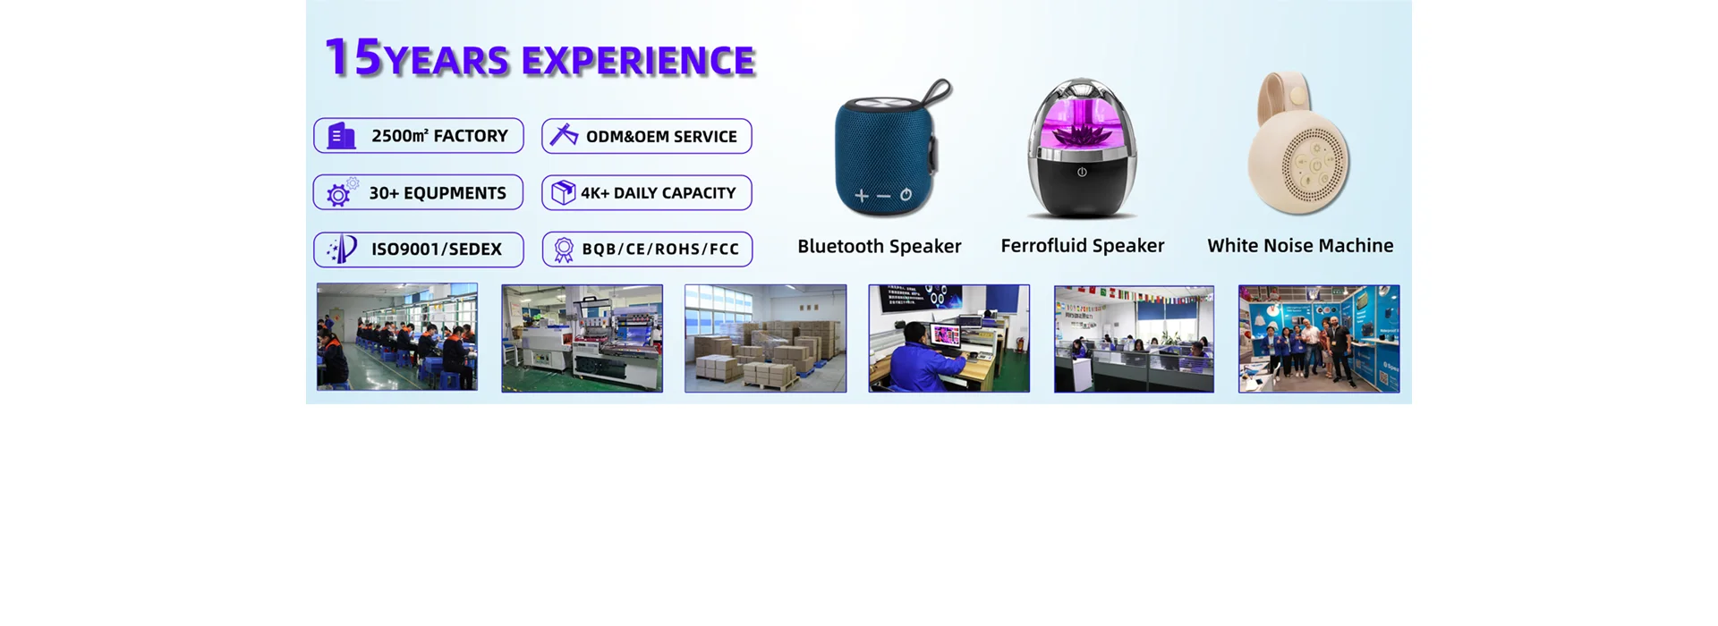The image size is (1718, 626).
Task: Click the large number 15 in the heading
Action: pyautogui.click(x=353, y=57)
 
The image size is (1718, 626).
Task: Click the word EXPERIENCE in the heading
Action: pyautogui.click(x=638, y=61)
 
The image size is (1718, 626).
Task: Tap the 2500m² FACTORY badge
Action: pyautogui.click(x=419, y=136)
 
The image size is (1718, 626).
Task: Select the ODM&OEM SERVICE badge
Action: pyautogui.click(x=647, y=136)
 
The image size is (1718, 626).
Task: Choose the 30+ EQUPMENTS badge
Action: pyautogui.click(x=418, y=192)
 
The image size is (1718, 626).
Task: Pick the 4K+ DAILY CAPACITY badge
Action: pyautogui.click(x=647, y=192)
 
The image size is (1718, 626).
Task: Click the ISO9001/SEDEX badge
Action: pyautogui.click(x=419, y=250)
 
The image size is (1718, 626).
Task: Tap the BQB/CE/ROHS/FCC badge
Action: pyautogui.click(x=647, y=250)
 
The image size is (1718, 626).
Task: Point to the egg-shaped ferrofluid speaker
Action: pyautogui.click(x=1082, y=148)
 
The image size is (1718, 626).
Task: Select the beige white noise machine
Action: pyautogui.click(x=1298, y=143)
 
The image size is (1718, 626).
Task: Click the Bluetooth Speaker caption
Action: pyautogui.click(x=880, y=246)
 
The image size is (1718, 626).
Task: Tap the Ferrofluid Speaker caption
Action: pyautogui.click(x=1083, y=246)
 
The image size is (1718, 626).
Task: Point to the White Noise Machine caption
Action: pyautogui.click(x=1300, y=246)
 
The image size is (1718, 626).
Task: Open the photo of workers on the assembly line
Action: pyautogui.click(x=397, y=337)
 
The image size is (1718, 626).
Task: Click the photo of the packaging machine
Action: pyautogui.click(x=582, y=338)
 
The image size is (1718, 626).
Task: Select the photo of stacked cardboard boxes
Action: pyautogui.click(x=766, y=338)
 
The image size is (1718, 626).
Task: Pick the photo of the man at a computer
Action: pyautogui.click(x=949, y=338)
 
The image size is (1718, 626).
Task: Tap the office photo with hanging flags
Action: pyautogui.click(x=1134, y=339)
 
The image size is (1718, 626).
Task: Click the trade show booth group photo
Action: pyautogui.click(x=1319, y=339)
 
